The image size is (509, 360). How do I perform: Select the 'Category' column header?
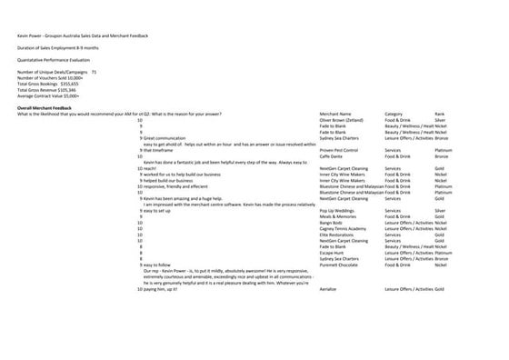point(395,113)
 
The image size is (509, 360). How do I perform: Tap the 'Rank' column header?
point(439,113)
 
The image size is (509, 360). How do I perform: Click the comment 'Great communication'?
point(165,137)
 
